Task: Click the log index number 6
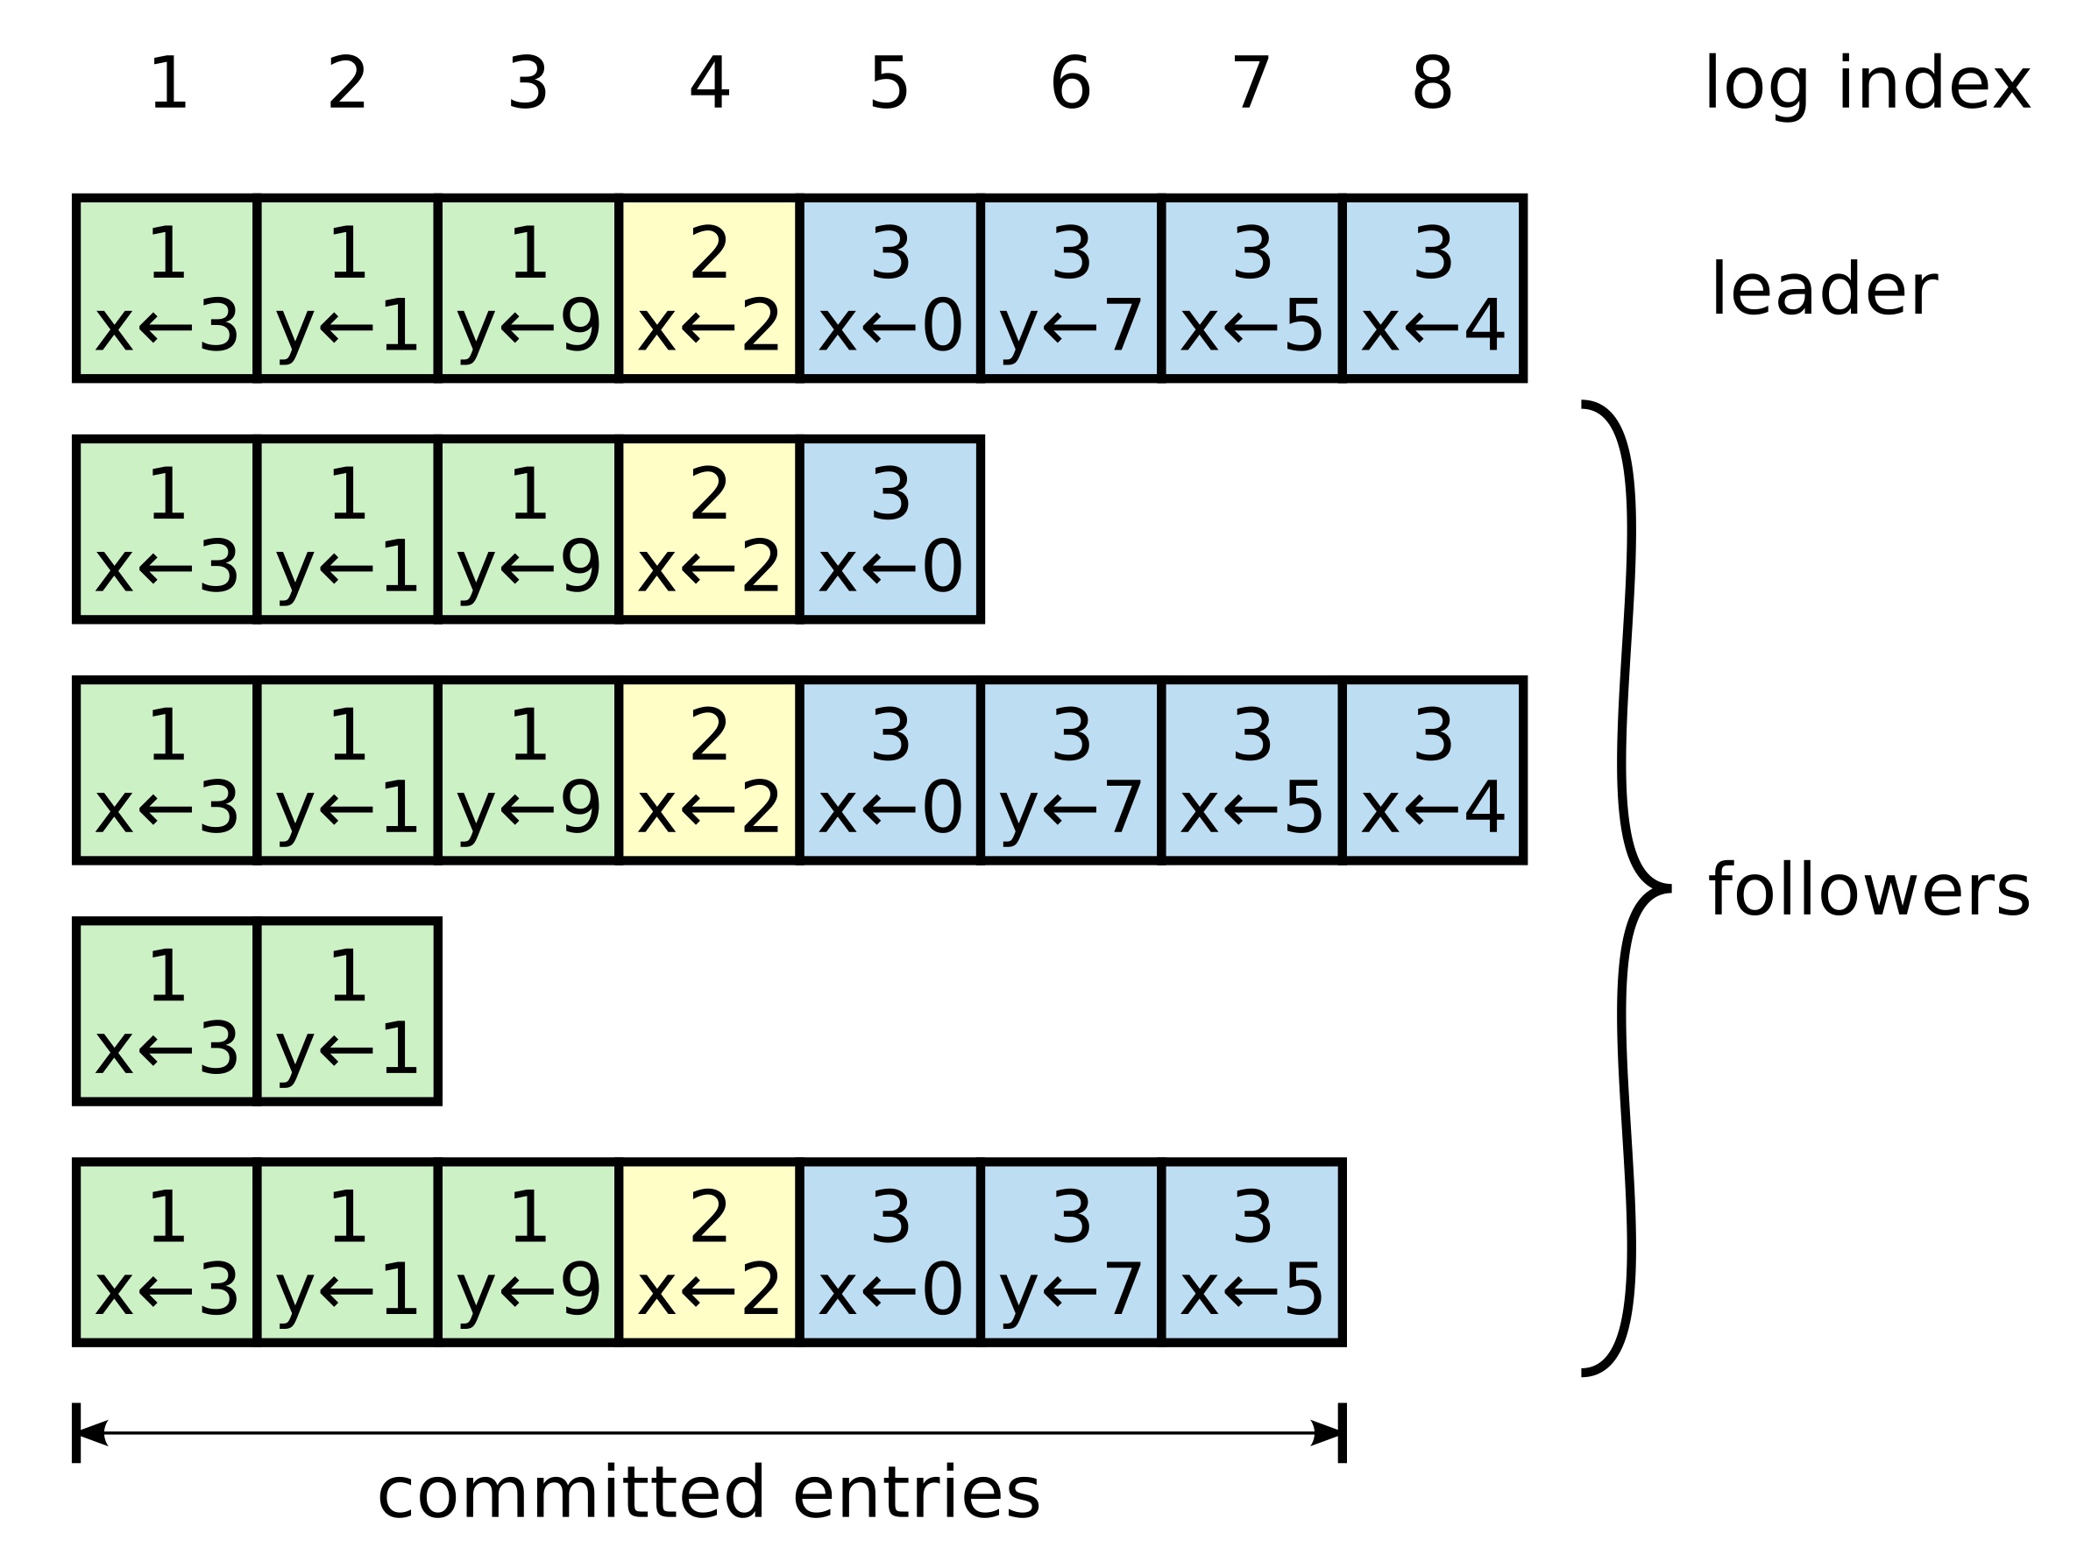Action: click(x=1071, y=84)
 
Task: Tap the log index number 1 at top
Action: click(x=168, y=84)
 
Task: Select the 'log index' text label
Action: click(x=1867, y=84)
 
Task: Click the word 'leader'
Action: click(x=1824, y=290)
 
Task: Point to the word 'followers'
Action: click(x=1869, y=891)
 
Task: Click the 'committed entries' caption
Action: click(x=708, y=1493)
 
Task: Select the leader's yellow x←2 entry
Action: click(x=709, y=288)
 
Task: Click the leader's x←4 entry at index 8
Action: click(x=1433, y=288)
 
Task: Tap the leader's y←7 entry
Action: click(x=1071, y=288)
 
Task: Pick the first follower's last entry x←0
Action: click(x=890, y=529)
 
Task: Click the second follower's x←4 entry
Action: click(x=1433, y=770)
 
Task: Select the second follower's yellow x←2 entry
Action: click(x=709, y=770)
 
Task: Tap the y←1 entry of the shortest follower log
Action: click(x=348, y=1012)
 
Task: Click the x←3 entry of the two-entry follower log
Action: click(x=167, y=1012)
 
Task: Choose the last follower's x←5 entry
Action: click(x=1251, y=1253)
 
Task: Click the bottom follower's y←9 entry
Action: click(x=528, y=1253)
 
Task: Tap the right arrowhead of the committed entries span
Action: click(x=1325, y=1433)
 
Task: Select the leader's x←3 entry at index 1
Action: click(x=167, y=288)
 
